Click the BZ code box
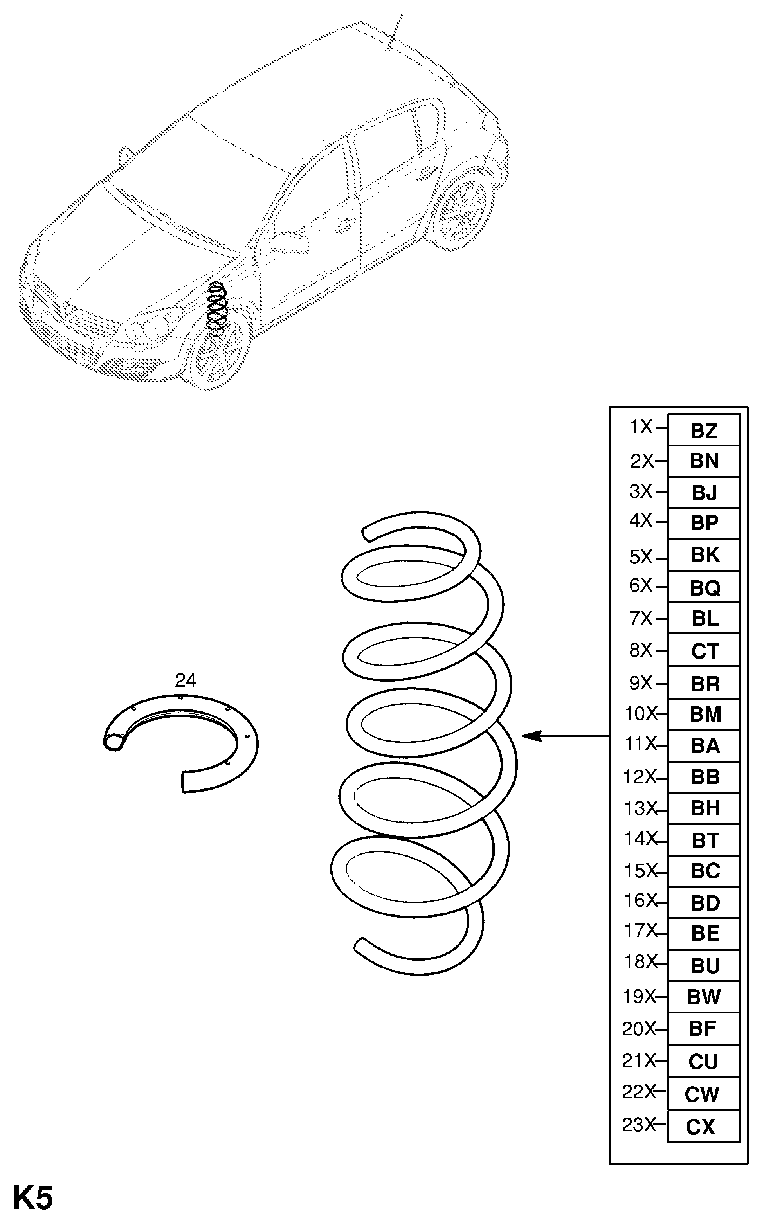tap(703, 430)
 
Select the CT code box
tap(704, 651)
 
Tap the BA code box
tap(704, 745)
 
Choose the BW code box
tap(703, 997)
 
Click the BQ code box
tap(704, 587)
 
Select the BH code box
tap(704, 808)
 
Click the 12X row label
tap(639, 777)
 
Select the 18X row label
tap(639, 962)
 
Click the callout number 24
tap(186, 680)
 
